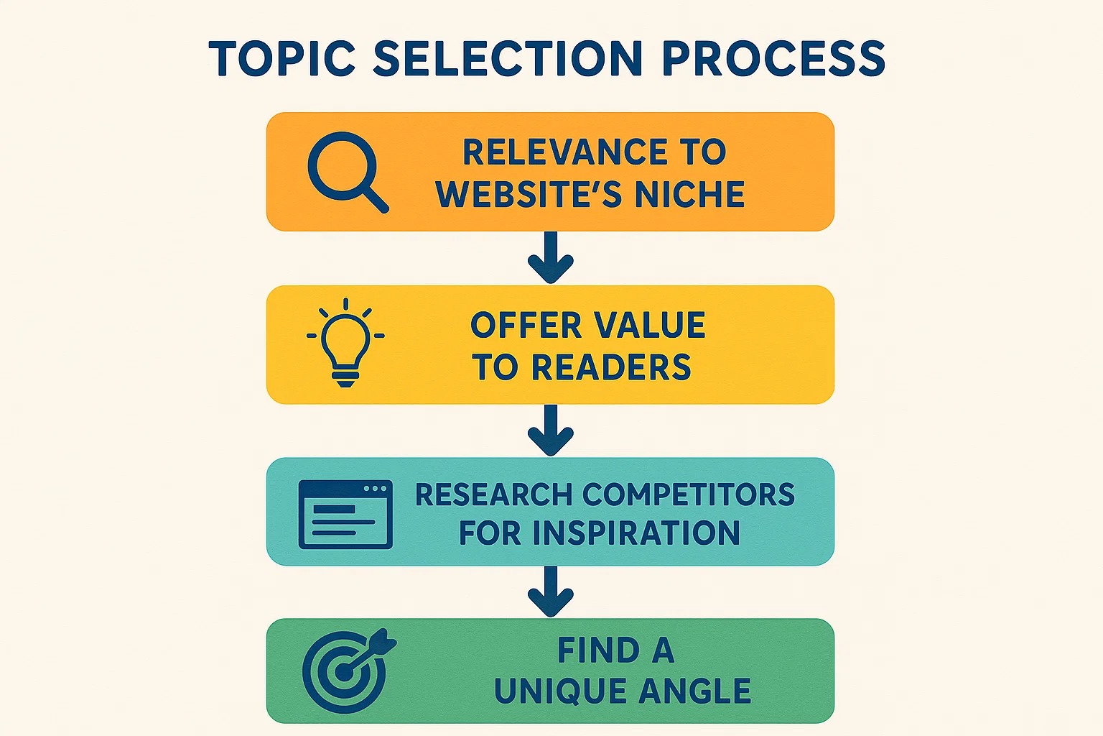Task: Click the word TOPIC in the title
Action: click(x=281, y=59)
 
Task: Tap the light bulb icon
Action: click(x=345, y=342)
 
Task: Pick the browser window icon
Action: click(x=345, y=514)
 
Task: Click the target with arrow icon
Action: click(x=348, y=671)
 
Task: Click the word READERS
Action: click(x=611, y=367)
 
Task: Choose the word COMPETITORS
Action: click(x=689, y=494)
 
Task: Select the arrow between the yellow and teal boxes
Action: click(x=551, y=431)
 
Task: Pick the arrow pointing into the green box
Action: click(x=551, y=592)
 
